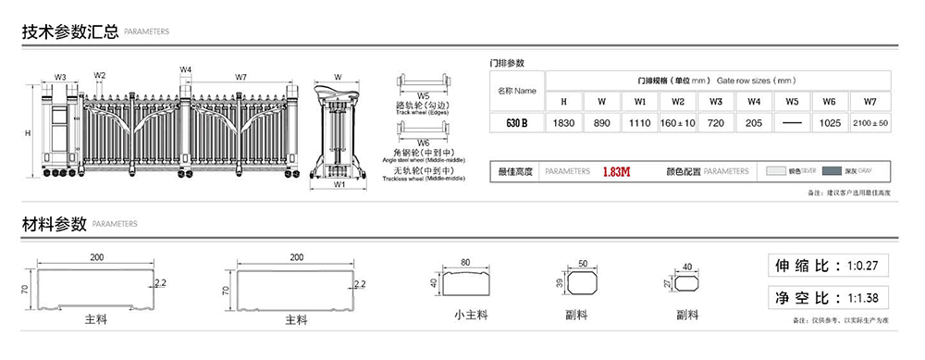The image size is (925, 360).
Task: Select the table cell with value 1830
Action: click(563, 122)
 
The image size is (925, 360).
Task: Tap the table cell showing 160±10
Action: click(678, 122)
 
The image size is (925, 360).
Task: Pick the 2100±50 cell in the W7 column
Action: click(869, 122)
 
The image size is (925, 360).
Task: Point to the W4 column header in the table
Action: click(754, 100)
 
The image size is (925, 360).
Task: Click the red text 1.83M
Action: click(616, 172)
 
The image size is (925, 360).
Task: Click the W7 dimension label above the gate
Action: click(240, 77)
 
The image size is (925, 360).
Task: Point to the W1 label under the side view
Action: click(339, 184)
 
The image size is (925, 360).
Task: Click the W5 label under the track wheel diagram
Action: click(423, 96)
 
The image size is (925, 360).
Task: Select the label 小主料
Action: click(471, 315)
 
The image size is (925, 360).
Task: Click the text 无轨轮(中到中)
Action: click(423, 171)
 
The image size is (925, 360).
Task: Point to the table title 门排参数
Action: click(507, 63)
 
